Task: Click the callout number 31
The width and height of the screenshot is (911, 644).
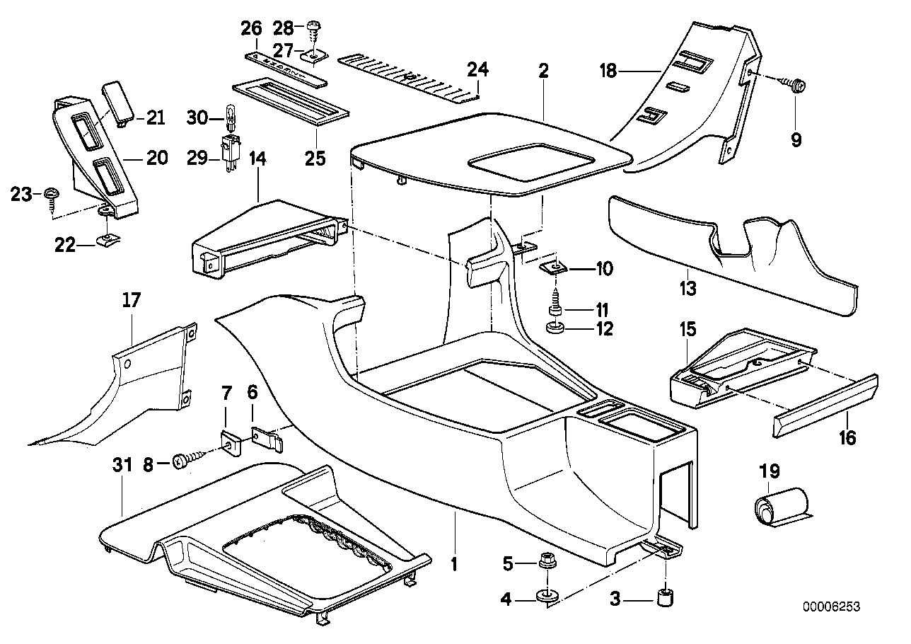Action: (122, 465)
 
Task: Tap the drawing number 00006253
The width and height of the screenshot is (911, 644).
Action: (832, 606)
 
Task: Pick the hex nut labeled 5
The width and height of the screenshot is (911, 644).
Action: (545, 563)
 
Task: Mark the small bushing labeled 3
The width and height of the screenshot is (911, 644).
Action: (666, 597)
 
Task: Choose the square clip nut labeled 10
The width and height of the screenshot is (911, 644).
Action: (555, 268)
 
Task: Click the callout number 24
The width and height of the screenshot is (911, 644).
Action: (477, 70)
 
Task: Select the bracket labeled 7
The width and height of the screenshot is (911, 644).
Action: (228, 444)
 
